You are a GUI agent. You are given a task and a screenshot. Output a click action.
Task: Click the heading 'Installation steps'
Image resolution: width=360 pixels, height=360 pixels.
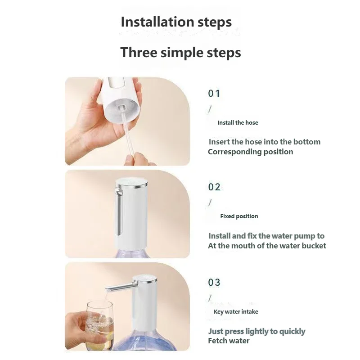coord(176,22)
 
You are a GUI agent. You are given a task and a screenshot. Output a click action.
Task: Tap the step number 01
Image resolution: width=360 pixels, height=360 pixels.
coord(214,94)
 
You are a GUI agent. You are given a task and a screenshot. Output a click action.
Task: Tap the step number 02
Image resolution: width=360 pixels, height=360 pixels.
coord(214,187)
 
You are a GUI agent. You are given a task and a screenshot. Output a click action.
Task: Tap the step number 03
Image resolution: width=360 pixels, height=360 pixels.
coord(214,283)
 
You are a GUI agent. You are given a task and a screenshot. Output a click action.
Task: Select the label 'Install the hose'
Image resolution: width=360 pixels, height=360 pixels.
coord(238,122)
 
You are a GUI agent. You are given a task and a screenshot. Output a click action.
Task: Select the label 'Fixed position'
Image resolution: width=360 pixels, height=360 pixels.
coord(239,216)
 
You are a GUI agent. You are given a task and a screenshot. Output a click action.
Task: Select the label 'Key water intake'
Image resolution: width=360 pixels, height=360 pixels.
coord(236,311)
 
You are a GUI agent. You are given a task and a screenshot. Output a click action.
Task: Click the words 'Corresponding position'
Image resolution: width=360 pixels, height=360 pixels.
coord(250,152)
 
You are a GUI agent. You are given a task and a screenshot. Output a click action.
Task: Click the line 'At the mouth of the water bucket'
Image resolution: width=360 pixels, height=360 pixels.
coord(267,246)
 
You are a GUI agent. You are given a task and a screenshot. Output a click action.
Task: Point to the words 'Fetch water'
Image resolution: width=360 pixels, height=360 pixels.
coord(229,341)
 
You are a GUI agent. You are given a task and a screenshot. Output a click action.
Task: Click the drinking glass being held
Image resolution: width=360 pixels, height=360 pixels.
coord(99,324)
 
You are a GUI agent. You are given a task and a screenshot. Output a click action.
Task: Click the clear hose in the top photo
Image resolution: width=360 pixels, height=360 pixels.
coord(127,135)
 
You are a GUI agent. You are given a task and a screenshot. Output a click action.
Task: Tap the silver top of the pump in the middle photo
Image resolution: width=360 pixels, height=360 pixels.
coord(131,184)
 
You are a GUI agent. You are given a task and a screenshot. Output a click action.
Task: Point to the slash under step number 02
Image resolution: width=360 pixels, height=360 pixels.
coord(210,202)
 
